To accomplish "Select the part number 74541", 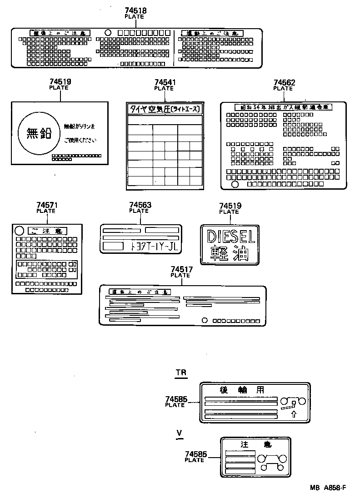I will pos(165,82).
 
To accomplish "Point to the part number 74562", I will pos(285,83).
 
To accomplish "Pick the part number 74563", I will pos(140,206).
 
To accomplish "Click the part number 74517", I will pos(182,270).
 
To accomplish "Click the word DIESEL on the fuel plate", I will pos(231,237).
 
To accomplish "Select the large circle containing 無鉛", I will pos(38,133).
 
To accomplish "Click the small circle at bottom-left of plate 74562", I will pos(235,184).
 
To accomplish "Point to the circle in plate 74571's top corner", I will pos(20,230).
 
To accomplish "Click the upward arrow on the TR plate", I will pos(293,414).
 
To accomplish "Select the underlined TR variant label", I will pos(181,373).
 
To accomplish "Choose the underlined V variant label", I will pos(180,432).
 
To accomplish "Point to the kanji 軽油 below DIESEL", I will pos(230,253).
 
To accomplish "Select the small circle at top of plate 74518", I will pos(108,33).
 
